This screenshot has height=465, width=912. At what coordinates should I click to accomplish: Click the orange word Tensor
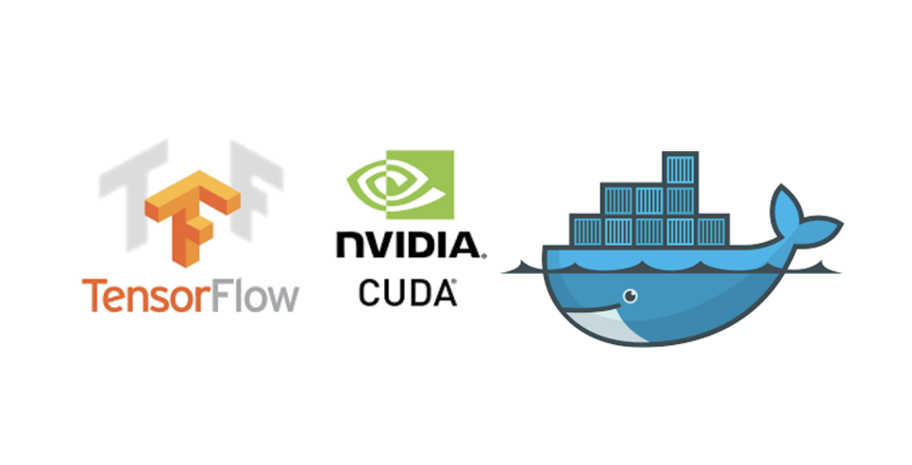[x=151, y=295]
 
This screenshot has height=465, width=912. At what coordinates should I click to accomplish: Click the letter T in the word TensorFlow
[x=93, y=295]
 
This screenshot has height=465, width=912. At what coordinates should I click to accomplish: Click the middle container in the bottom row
[x=650, y=230]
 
